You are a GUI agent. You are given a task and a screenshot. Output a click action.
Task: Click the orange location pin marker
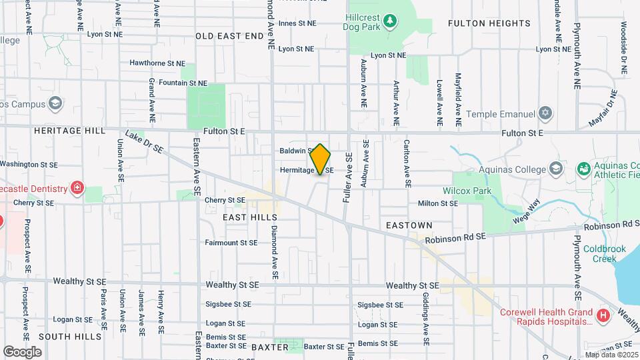pyautogui.click(x=321, y=159)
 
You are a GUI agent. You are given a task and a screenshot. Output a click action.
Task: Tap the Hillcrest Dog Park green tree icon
pyautogui.click(x=390, y=21)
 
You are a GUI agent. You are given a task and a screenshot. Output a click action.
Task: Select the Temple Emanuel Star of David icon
pyautogui.click(x=546, y=113)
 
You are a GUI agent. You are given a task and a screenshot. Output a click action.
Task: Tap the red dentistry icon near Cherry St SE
pyautogui.click(x=78, y=187)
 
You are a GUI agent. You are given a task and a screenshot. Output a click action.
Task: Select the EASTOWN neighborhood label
pyautogui.click(x=409, y=226)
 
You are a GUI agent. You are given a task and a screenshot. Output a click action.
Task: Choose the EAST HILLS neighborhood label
pyautogui.click(x=250, y=217)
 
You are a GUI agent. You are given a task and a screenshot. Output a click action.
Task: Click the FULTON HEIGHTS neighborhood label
pyautogui.click(x=489, y=23)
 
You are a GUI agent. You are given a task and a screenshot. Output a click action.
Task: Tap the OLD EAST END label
pyautogui.click(x=230, y=35)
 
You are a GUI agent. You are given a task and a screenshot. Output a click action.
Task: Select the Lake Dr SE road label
pyautogui.click(x=143, y=142)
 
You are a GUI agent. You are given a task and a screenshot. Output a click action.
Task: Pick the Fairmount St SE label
pyautogui.click(x=231, y=243)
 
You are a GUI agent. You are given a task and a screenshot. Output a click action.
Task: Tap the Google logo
pyautogui.click(x=22, y=351)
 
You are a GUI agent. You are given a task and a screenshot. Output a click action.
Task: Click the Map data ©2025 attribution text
pyautogui.click(x=611, y=355)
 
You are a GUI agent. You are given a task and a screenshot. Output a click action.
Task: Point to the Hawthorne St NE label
pyautogui.click(x=157, y=63)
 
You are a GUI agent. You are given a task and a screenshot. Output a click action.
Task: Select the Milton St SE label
pyautogui.click(x=437, y=203)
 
